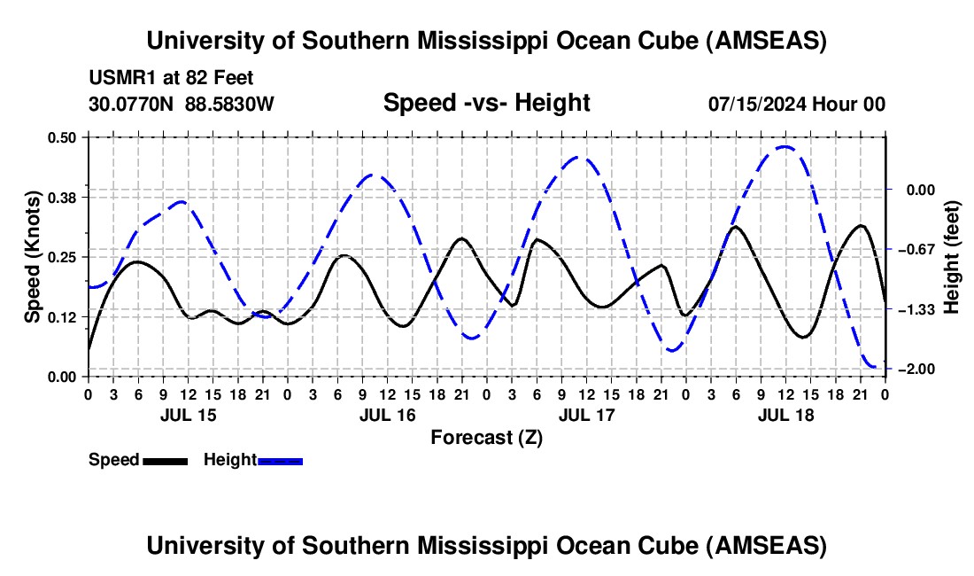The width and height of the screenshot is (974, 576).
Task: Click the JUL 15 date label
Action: tap(187, 415)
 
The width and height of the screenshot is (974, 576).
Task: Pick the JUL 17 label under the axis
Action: tap(585, 415)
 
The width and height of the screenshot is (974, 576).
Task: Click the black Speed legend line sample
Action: tap(165, 460)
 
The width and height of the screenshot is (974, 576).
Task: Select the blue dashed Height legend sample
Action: tap(280, 460)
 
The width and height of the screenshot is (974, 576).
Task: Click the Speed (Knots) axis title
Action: tap(32, 256)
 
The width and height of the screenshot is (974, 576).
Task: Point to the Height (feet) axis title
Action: tap(953, 257)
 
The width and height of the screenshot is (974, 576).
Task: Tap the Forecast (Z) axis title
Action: tap(486, 437)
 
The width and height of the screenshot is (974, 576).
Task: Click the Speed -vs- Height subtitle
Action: tap(486, 103)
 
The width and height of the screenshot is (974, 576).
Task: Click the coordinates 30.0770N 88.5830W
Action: tap(182, 104)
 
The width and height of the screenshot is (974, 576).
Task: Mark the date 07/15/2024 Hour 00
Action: tap(796, 104)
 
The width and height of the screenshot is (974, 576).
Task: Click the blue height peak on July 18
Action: tap(785, 146)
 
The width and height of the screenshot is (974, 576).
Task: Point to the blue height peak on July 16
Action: tap(375, 175)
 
